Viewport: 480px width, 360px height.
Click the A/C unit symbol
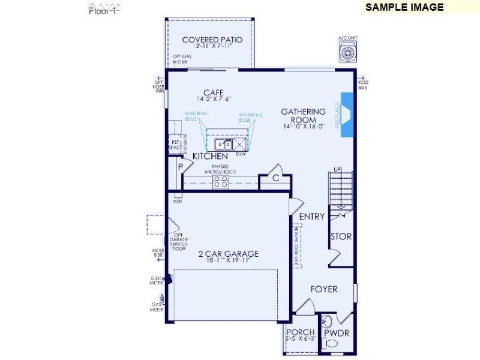[x=348, y=52]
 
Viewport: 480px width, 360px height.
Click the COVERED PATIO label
[x=212, y=40]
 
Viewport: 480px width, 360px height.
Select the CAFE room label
[x=213, y=92]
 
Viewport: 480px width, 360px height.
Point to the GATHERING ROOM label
[x=303, y=115]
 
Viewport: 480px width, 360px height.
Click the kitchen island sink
[x=224, y=144]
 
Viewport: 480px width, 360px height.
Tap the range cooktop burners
[x=220, y=181]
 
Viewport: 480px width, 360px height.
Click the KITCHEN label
[x=210, y=157]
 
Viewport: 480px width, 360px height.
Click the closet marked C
[x=276, y=178]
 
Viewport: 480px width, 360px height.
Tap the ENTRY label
[x=312, y=217]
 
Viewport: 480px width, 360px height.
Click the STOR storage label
[x=341, y=237]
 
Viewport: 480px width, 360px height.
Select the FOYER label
[x=323, y=289]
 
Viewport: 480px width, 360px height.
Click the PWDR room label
[x=337, y=333]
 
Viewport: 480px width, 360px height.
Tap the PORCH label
[x=300, y=332]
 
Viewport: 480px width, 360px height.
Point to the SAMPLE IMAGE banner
[x=404, y=7]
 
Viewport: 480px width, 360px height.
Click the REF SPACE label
[x=175, y=145]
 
